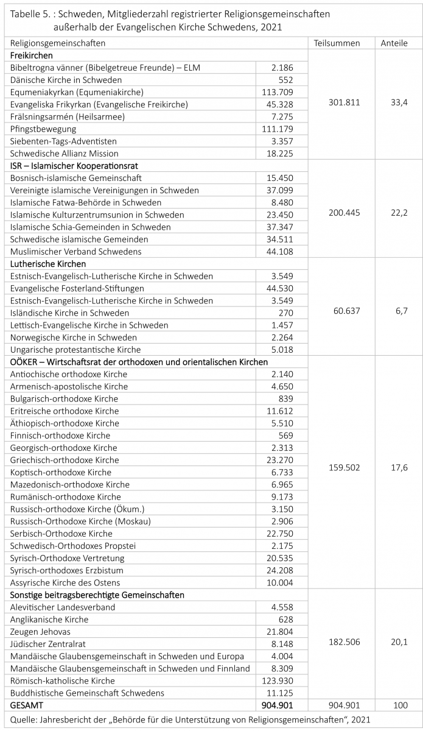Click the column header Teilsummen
click(x=337, y=43)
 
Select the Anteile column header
click(x=394, y=43)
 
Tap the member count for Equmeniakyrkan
click(x=280, y=92)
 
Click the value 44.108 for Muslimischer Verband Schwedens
click(x=280, y=252)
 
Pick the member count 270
click(x=285, y=313)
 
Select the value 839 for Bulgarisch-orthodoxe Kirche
click(x=285, y=398)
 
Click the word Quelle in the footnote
click(x=21, y=719)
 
